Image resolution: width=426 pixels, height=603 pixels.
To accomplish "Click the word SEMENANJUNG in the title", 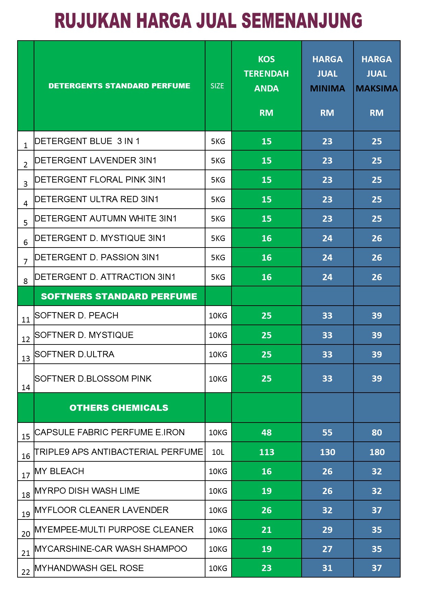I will pos(302,21).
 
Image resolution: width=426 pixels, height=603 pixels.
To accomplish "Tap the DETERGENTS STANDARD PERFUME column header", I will pos(119,86).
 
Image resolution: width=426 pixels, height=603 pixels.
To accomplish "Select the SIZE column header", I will pos(217,86).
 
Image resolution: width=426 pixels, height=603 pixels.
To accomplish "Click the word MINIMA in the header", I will pos(327,89).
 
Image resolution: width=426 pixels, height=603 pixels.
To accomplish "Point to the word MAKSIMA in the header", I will pos(377,89).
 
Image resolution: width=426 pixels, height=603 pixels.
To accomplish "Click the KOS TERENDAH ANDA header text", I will pos(266,74).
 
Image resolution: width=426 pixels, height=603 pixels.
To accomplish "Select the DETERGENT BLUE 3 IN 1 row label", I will pos(87,141).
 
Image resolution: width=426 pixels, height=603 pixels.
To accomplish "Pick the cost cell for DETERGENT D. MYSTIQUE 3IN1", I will pos(266,238).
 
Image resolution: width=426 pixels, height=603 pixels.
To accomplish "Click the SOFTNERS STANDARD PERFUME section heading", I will pos(119,296).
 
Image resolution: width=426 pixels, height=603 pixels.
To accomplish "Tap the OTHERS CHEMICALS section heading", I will pos(119,408).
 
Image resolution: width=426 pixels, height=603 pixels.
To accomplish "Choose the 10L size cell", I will pos(218,452).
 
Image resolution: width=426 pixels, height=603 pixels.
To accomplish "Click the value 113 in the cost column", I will pos(266,452).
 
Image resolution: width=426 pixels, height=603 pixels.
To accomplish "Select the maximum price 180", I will pos(377,452).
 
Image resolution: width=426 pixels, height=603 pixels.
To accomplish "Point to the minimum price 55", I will pos(327,432).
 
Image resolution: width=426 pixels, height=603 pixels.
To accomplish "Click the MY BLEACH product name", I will pos(59,471).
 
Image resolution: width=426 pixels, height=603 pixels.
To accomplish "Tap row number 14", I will pos(26,387).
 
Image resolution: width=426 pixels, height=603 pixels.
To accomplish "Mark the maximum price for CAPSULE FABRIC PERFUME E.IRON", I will pos(377,432).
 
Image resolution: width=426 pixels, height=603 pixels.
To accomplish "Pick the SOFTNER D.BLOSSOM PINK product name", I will pos(93,379).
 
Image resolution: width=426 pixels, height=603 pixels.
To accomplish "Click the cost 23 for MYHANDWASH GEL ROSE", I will pos(266,568).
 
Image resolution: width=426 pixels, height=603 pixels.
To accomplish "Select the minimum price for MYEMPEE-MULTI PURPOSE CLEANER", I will pos(327,530).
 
